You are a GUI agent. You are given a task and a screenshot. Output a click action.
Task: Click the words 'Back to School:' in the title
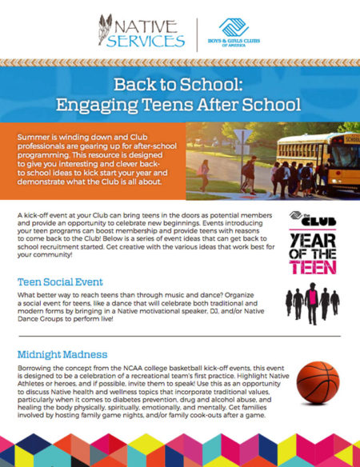(180, 85)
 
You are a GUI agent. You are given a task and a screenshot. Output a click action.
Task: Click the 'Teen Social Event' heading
(62, 281)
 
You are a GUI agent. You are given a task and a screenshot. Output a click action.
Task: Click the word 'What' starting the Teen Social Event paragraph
(26, 297)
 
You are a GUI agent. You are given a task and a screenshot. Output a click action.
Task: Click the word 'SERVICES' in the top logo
(143, 41)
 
